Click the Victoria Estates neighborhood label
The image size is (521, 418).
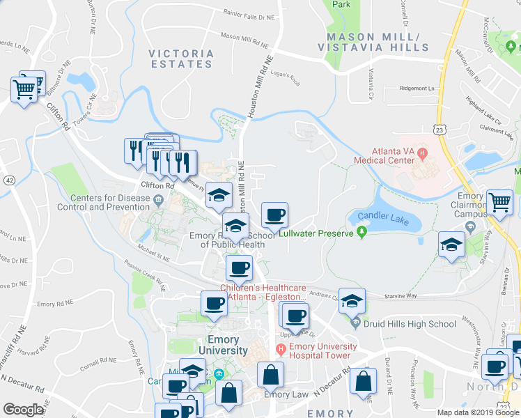(x=180, y=59)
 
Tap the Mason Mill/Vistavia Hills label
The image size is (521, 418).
(x=373, y=42)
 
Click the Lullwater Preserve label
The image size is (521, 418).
(x=317, y=233)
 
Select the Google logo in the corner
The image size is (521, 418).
(x=23, y=410)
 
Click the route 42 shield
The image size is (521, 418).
(x=8, y=179)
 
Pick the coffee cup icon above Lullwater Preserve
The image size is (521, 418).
(x=274, y=215)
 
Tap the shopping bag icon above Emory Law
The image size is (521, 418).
(x=271, y=376)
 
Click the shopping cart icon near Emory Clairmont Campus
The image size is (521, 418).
(x=499, y=203)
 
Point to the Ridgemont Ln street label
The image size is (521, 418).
(x=416, y=88)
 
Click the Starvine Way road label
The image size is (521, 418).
(x=402, y=296)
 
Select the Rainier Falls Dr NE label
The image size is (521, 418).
(x=249, y=13)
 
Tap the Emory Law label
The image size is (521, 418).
(x=286, y=394)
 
